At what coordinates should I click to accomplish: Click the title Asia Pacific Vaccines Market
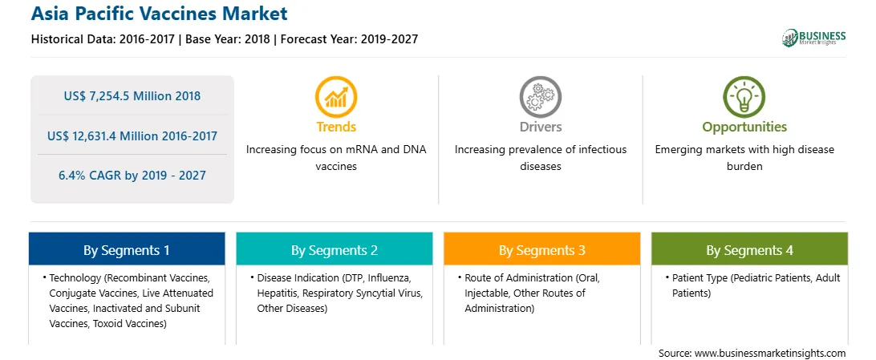[159, 14]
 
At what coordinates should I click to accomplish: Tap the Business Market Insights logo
[813, 38]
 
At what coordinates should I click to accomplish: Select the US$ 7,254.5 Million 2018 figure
[132, 96]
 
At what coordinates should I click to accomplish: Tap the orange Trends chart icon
[336, 97]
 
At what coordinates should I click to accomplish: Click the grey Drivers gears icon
[540, 97]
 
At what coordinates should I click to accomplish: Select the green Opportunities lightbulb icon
[744, 97]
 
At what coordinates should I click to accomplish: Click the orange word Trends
[336, 127]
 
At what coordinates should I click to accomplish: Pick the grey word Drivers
[541, 127]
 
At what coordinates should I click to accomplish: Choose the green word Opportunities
[744, 127]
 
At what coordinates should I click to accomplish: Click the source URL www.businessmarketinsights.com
[770, 354]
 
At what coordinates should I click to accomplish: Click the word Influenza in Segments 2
[391, 277]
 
